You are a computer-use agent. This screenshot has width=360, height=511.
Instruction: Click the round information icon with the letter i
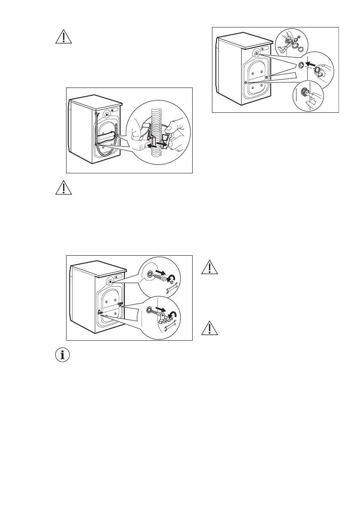tap(63, 355)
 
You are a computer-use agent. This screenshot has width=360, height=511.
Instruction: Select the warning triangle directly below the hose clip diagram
tap(63, 187)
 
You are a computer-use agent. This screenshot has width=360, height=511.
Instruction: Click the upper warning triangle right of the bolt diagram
tap(209, 268)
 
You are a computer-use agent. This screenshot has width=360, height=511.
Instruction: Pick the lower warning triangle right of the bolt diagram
tap(209, 328)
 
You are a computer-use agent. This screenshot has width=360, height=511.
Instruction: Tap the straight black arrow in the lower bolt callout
tap(160, 309)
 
